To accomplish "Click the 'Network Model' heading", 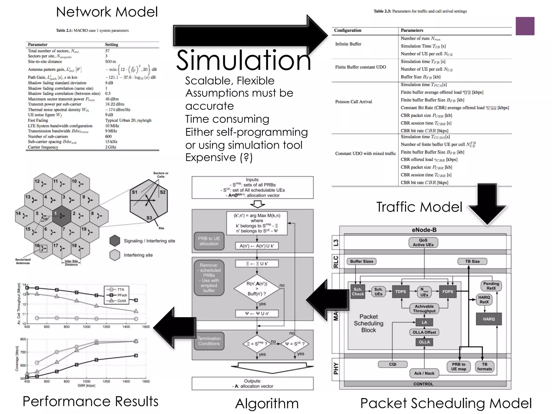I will click(x=107, y=12).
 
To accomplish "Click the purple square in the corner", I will click(x=525, y=26).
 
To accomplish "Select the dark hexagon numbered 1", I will click(x=62, y=216).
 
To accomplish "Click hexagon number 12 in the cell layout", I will click(x=43, y=184).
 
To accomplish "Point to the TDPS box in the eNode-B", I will click(x=401, y=292).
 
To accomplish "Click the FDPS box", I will click(x=447, y=292).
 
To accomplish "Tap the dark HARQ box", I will click(x=489, y=319).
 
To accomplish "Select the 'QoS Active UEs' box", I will click(x=423, y=243).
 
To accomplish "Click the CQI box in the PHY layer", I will click(x=393, y=364).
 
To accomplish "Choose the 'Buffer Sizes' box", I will click(x=361, y=261).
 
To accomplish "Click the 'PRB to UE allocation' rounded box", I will click(x=209, y=241).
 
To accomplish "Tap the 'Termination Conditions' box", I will click(x=209, y=341).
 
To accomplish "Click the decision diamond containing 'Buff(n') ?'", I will click(x=257, y=289).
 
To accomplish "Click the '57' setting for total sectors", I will click(x=107, y=51).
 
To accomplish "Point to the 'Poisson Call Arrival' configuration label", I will click(x=353, y=102).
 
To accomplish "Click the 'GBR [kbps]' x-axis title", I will click(x=86, y=386).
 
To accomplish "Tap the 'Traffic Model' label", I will click(x=419, y=207).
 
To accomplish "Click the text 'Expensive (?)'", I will click(x=219, y=157).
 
